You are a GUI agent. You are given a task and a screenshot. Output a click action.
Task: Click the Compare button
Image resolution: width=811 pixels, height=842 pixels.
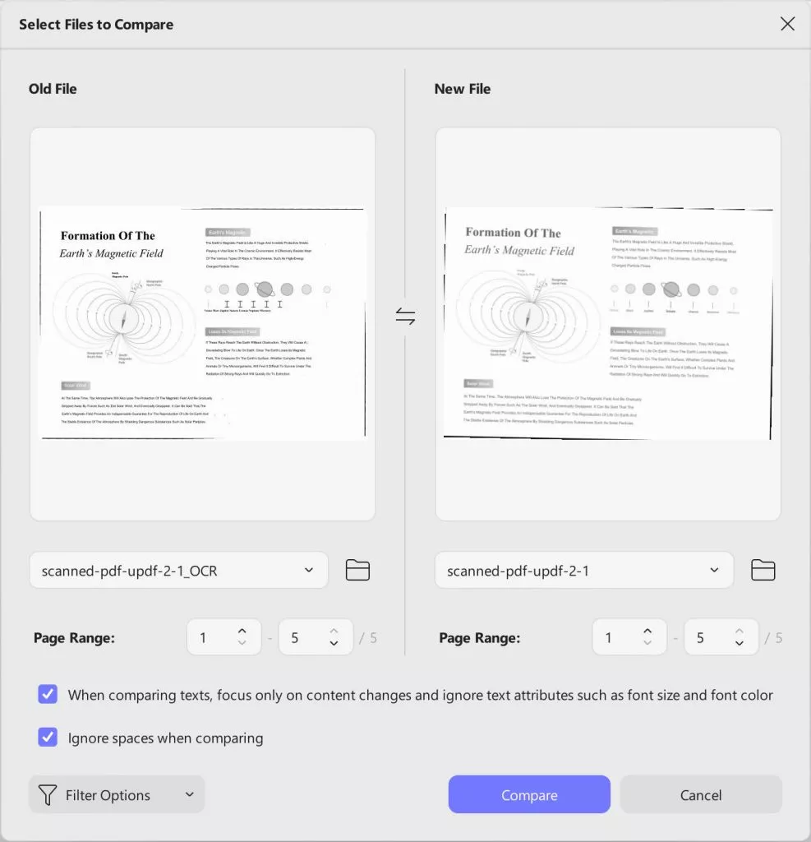(x=529, y=794)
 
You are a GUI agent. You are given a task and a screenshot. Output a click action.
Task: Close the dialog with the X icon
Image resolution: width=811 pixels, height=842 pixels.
(x=787, y=24)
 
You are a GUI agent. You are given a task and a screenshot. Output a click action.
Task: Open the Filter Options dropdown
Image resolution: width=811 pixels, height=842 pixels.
(x=117, y=794)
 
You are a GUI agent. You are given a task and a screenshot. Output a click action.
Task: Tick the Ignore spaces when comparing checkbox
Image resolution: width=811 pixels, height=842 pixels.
(x=48, y=737)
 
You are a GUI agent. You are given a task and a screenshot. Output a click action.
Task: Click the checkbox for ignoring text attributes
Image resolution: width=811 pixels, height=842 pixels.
(x=48, y=694)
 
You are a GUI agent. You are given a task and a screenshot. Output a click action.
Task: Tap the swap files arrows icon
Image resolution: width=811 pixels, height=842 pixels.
(x=405, y=317)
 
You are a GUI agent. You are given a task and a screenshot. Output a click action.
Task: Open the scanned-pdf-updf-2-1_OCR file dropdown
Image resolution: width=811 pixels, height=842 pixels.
(x=178, y=570)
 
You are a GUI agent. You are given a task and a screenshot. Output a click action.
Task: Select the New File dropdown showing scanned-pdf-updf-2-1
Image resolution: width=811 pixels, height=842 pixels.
(x=583, y=570)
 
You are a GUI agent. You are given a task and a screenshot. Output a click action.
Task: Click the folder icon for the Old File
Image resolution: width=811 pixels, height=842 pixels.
(x=357, y=570)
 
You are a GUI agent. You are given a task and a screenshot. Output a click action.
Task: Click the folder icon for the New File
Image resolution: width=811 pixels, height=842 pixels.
(x=763, y=570)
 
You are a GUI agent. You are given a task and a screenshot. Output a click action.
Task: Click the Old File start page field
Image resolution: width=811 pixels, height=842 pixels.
(x=214, y=637)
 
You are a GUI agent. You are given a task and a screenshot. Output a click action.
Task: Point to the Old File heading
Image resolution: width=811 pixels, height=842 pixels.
(x=53, y=89)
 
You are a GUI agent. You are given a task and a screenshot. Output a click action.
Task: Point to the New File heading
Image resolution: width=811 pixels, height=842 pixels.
(x=462, y=89)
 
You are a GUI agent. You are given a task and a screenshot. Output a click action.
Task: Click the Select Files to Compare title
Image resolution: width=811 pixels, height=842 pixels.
(x=96, y=24)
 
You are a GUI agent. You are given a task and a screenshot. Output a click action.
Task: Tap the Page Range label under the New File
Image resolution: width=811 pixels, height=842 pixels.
(x=480, y=637)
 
